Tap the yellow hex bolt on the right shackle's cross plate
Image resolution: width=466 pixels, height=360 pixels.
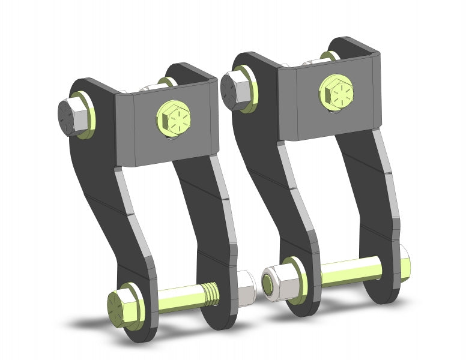point(335,91)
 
